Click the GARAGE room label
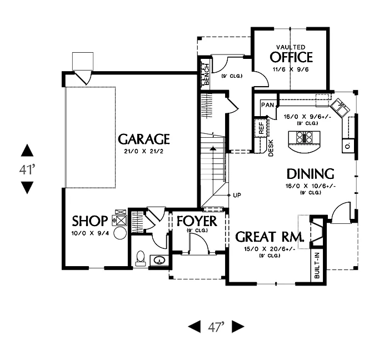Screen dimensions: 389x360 pos(144,139)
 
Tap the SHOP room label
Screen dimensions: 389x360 pos(90,221)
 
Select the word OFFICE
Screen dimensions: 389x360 pos(291,57)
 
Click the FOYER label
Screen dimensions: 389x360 pos(197,221)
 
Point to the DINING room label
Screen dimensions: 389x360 pos(310,174)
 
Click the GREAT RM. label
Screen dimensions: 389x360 pos(270,237)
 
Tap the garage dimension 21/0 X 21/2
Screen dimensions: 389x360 pos(143,151)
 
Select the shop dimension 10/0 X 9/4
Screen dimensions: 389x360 pos(90,233)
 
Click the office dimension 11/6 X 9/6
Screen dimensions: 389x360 pos(291,69)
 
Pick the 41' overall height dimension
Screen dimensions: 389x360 pos(27,170)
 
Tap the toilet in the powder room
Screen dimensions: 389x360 pos(141,258)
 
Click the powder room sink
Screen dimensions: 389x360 pos(159,260)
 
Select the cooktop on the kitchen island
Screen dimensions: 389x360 pos(304,137)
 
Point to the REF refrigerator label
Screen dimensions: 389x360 pos(261,128)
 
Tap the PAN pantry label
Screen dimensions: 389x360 pos(268,105)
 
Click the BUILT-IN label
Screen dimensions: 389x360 pos(317,266)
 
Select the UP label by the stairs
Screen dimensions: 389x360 pos(237,196)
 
